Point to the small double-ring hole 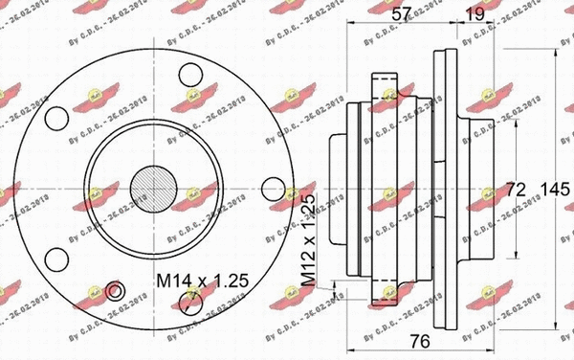point(116,291)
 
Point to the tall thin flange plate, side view point(442,183)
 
